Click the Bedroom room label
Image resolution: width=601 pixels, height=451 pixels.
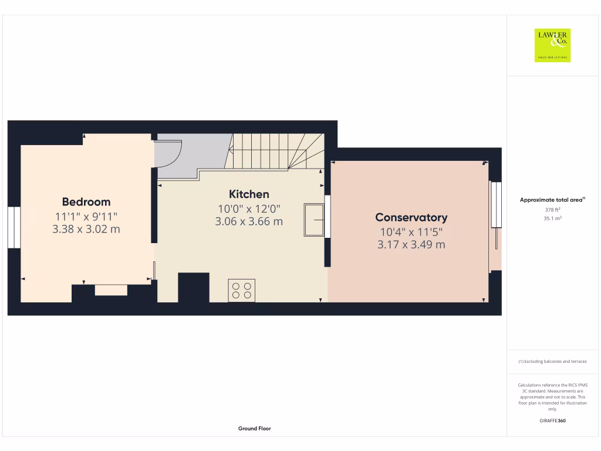pos(86,202)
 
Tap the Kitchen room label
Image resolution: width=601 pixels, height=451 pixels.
pos(249,194)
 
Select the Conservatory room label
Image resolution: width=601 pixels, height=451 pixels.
pos(411,218)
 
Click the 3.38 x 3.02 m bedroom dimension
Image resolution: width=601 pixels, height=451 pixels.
pos(86,229)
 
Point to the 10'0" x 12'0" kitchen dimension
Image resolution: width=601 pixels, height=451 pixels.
pos(249,208)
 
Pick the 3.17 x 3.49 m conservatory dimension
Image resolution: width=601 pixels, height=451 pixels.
pos(411,244)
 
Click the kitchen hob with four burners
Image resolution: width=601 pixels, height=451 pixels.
pos(242,290)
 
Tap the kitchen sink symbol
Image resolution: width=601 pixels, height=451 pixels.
pos(314,220)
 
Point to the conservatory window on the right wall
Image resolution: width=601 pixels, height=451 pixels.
pos(497,204)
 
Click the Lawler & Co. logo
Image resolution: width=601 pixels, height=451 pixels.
pos(552,45)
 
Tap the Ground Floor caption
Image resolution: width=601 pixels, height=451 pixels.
pos(255,429)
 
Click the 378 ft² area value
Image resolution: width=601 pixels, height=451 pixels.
pos(552,209)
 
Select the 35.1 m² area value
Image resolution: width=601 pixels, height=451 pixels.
pos(552,218)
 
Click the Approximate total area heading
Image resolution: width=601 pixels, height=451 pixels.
pos(552,200)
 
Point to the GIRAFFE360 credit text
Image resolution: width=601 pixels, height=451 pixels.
pos(552,420)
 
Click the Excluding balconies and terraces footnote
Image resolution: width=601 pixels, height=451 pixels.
pos(552,362)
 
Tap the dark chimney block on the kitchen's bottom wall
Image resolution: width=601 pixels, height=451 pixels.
pos(193,287)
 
